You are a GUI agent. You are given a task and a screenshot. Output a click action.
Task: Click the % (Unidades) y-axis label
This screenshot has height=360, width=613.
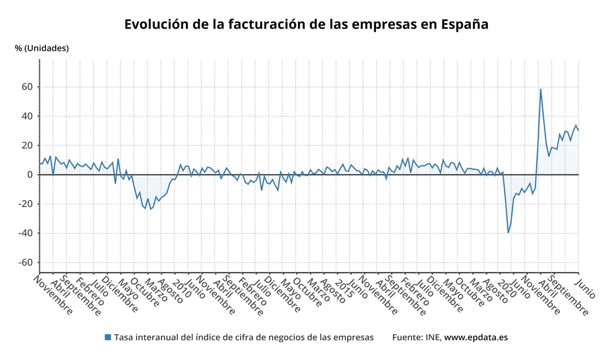click(x=42, y=49)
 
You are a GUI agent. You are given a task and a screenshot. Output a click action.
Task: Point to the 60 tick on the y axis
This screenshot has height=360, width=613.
click(x=27, y=87)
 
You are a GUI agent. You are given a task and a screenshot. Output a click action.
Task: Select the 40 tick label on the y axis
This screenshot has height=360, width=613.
click(x=27, y=116)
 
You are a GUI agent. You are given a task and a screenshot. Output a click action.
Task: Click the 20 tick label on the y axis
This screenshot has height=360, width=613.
click(x=27, y=146)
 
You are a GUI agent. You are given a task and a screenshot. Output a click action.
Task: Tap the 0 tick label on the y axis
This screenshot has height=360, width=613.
click(x=30, y=175)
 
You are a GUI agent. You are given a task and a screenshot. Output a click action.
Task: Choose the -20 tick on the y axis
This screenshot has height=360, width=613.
click(x=25, y=204)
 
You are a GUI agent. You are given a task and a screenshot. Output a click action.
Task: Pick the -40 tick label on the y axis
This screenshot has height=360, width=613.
click(x=25, y=233)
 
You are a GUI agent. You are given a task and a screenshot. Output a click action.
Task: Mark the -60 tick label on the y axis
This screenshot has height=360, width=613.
click(x=25, y=262)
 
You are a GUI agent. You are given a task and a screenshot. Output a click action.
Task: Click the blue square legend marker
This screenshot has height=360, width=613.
click(x=108, y=338)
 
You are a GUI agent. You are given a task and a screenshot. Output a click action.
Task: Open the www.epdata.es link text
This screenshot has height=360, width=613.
click(x=476, y=338)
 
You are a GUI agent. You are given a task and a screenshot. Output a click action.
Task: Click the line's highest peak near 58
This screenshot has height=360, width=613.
click(x=540, y=89)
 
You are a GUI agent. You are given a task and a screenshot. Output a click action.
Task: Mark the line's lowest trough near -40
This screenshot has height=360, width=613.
click(x=508, y=233)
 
